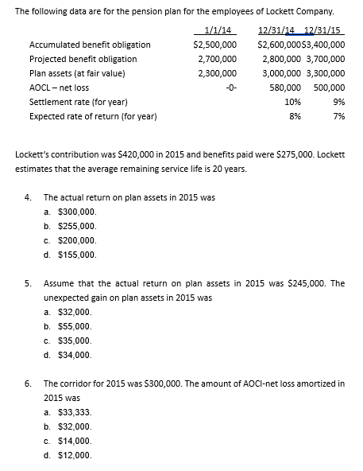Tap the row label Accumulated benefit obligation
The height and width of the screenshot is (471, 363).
[x=90, y=45]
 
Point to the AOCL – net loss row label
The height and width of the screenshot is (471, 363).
[x=59, y=88]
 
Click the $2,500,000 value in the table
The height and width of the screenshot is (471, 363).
[x=215, y=45]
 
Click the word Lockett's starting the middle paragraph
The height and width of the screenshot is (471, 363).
[x=35, y=156]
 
